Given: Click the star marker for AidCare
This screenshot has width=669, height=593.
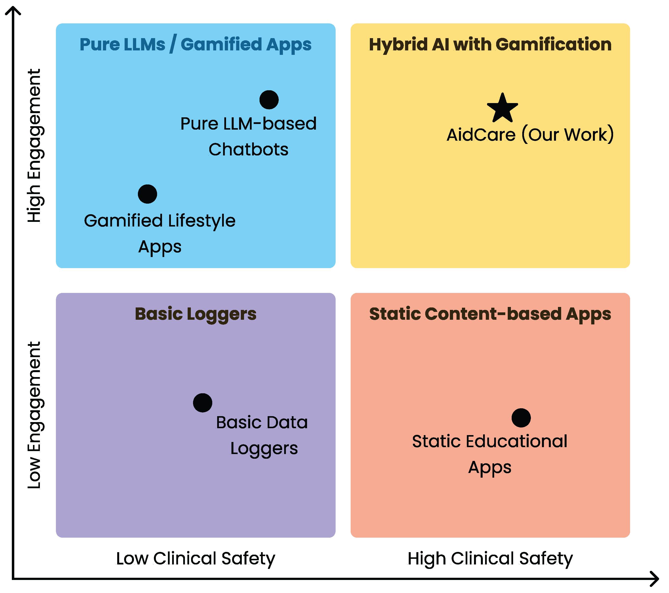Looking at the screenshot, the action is [502, 108].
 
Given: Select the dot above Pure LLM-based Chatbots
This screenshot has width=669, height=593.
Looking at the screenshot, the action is [269, 100].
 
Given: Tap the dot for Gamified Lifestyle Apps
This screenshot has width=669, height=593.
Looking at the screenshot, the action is [147, 194].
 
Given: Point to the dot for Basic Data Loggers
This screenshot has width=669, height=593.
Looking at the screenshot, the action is [203, 403].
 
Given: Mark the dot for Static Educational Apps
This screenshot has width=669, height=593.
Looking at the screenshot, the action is [521, 418].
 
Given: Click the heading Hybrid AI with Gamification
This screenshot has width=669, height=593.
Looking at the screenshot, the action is [490, 45].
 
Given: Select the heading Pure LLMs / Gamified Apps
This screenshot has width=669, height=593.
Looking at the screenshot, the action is [196, 45].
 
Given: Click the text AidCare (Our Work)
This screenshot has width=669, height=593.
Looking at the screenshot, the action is [530, 134].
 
